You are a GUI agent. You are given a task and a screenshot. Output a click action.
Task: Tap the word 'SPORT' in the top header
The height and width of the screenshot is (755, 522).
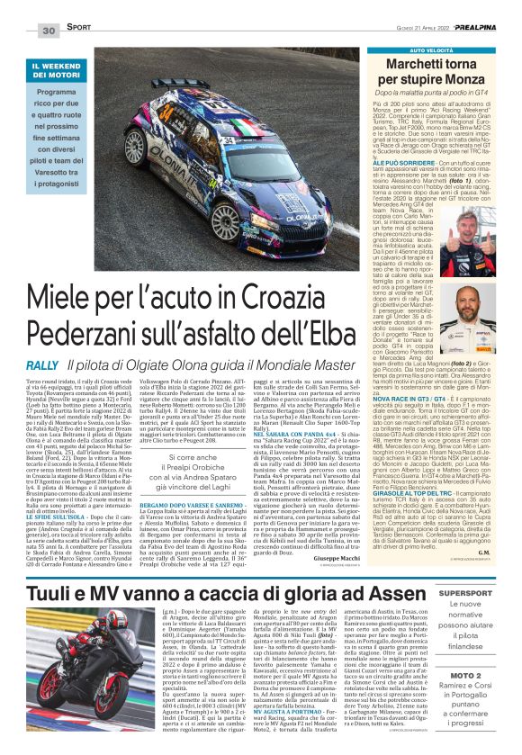(79, 31)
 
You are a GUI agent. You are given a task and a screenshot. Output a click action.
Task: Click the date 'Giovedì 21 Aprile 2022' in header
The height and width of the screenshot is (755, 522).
(406, 30)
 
